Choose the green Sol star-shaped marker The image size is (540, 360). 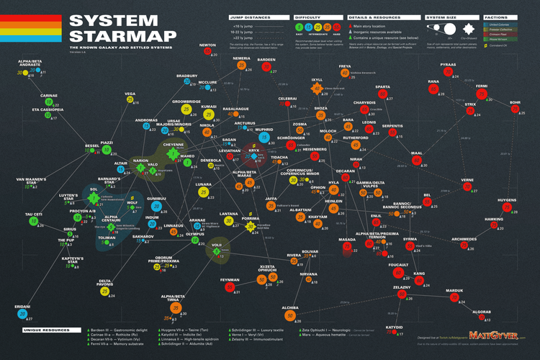(x=93, y=196)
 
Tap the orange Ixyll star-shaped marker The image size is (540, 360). (x=315, y=89)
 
